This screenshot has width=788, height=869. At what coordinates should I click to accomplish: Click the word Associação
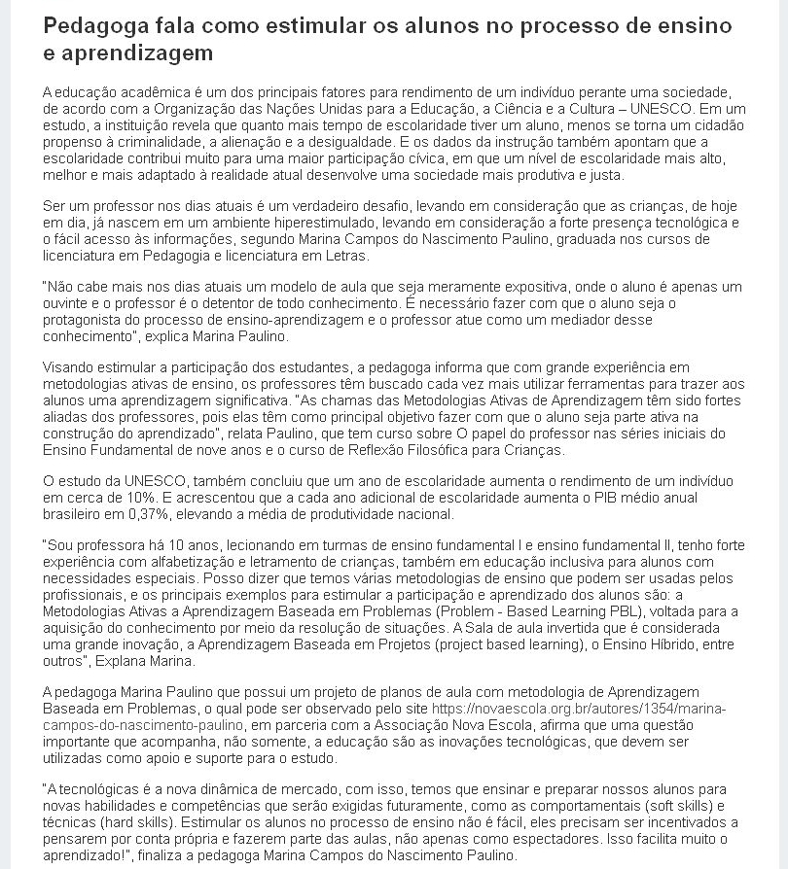tap(409, 724)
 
